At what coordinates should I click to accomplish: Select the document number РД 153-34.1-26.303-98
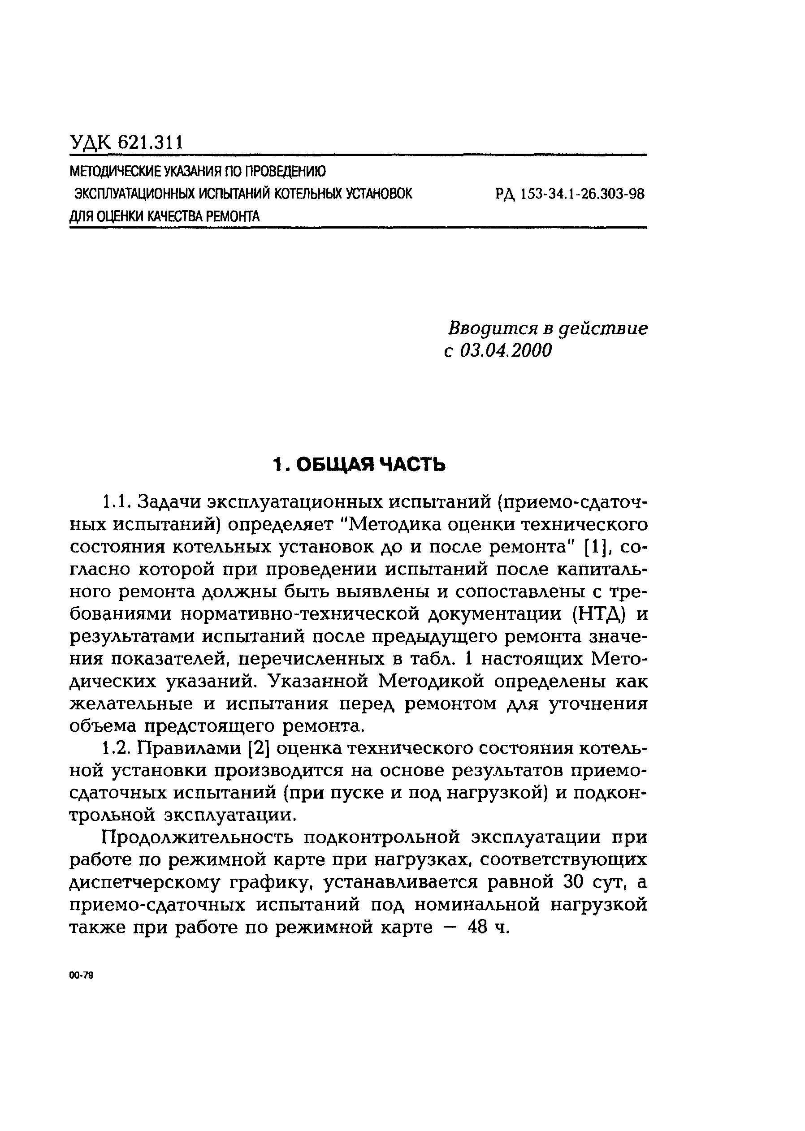[570, 194]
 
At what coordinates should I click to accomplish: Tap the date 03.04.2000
[505, 350]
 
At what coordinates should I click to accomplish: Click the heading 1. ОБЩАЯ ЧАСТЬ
[359, 465]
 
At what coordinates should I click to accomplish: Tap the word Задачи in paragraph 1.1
[167, 501]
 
